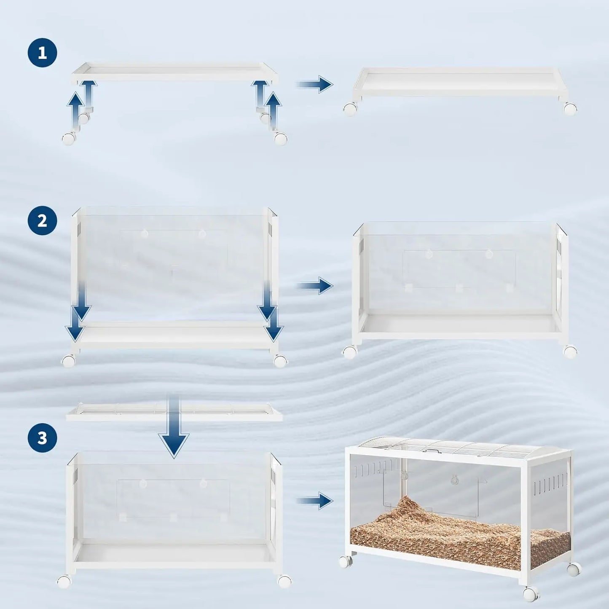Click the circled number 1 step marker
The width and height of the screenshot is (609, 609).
coord(42,53)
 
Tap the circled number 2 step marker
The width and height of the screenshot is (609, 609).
coord(42,220)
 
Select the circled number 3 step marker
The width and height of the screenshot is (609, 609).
coord(42,438)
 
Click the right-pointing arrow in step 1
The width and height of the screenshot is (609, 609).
coord(315,84)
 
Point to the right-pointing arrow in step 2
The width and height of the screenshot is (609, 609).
coord(315,286)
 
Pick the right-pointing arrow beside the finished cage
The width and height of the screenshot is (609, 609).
coord(315,501)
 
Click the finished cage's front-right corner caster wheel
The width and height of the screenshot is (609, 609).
coord(531,594)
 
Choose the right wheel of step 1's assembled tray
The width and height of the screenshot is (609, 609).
coord(570,109)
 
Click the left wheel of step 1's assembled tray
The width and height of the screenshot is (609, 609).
coord(350,109)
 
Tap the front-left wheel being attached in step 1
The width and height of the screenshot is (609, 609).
coord(69,138)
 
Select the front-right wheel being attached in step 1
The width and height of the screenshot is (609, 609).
coord(281,138)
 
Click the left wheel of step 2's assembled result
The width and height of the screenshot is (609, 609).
coord(349,352)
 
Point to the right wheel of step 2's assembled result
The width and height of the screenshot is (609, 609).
coord(570,351)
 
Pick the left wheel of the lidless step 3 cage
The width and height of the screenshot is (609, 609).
coord(64,582)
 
